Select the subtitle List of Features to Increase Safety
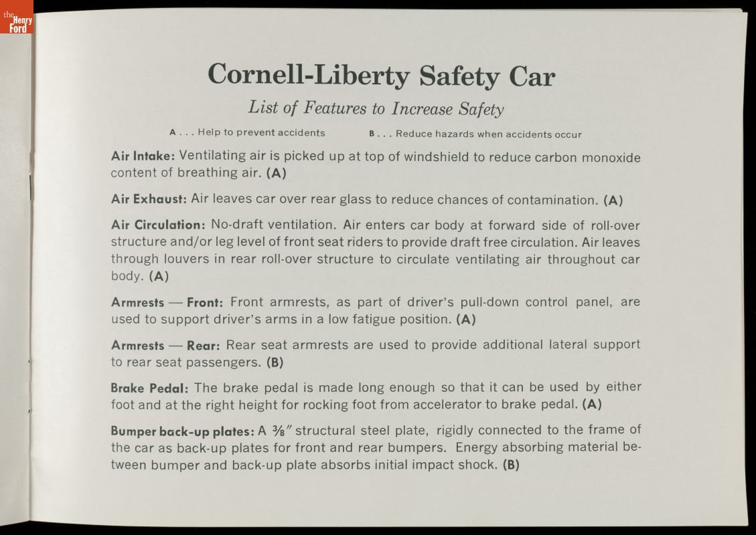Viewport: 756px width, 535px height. (x=376, y=108)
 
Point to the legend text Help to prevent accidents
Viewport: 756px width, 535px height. (x=261, y=132)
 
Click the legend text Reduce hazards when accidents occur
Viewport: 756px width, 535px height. (x=488, y=134)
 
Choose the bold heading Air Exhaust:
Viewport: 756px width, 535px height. (x=148, y=199)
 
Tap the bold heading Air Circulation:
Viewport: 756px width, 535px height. (x=157, y=225)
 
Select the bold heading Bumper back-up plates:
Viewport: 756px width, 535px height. (x=177, y=431)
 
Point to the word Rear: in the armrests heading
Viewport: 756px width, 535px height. (x=204, y=345)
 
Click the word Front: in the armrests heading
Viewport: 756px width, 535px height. (x=205, y=303)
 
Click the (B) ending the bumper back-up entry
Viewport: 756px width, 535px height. (x=511, y=464)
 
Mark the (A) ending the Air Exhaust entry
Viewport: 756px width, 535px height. (x=613, y=200)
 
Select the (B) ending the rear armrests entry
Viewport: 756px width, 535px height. (x=275, y=363)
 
